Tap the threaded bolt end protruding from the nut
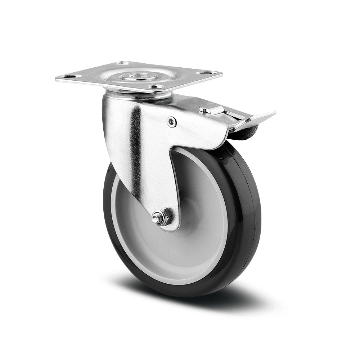point(156,218)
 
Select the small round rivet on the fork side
point(172,122)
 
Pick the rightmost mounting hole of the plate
point(208,73)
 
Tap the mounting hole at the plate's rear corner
point(124,63)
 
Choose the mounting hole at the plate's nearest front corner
point(156,87)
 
